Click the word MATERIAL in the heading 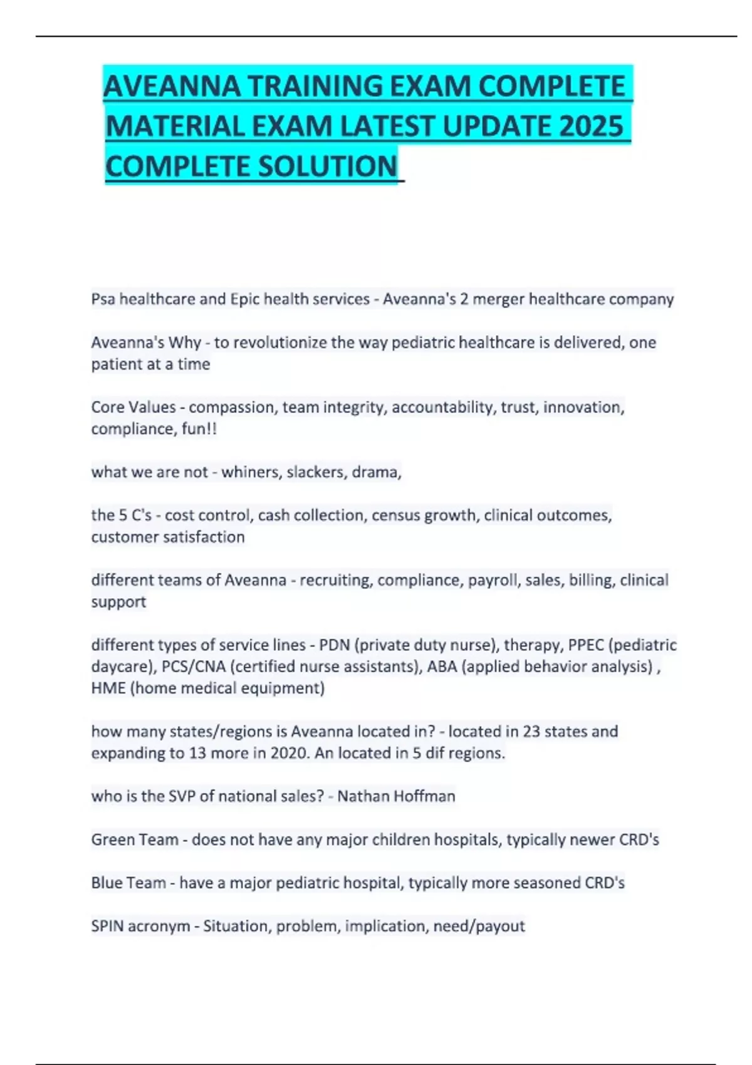pos(176,126)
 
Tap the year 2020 pos(290,753)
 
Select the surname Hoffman pos(426,796)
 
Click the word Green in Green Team pos(113,839)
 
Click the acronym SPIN pos(107,926)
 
